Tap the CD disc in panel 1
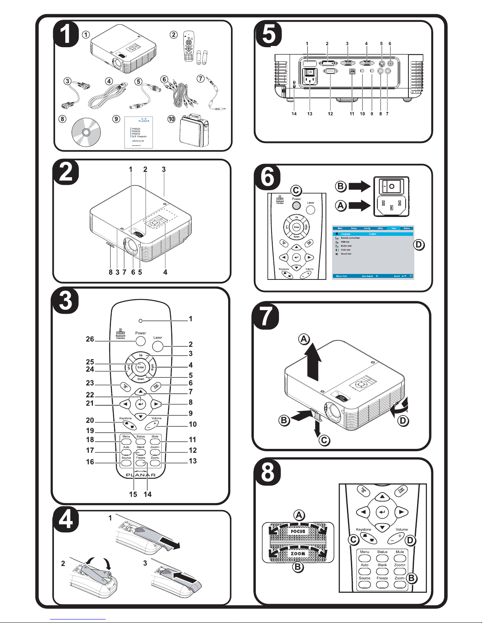(x=86, y=132)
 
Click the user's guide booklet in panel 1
(x=139, y=132)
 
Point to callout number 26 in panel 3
(x=90, y=339)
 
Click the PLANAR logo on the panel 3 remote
(x=141, y=475)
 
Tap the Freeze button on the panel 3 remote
(x=141, y=463)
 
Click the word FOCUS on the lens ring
(x=298, y=531)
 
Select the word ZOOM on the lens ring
(x=298, y=553)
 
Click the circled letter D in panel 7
(x=403, y=421)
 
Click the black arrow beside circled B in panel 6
(x=360, y=186)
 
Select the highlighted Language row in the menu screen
(x=373, y=234)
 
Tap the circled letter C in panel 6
(x=296, y=191)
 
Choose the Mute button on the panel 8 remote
(x=400, y=558)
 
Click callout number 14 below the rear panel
(x=294, y=114)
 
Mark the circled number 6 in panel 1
(x=164, y=79)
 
